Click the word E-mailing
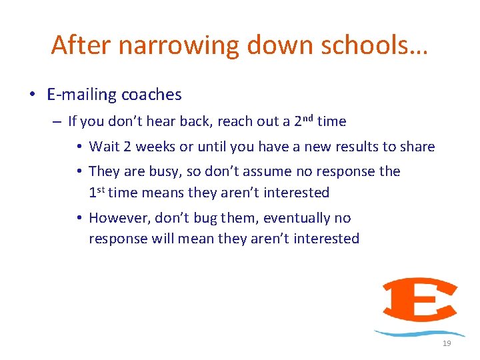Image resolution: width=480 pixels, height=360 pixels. click(81, 95)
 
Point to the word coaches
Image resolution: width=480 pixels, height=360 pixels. click(151, 95)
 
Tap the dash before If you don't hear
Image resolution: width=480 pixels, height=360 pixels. click(57, 122)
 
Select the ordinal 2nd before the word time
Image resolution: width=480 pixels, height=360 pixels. click(303, 121)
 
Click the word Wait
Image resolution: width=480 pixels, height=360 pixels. click(103, 147)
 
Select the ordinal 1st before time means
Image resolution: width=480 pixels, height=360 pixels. click(97, 193)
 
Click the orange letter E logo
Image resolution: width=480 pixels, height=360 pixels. click(419, 300)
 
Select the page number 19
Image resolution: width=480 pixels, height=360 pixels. click(447, 343)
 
